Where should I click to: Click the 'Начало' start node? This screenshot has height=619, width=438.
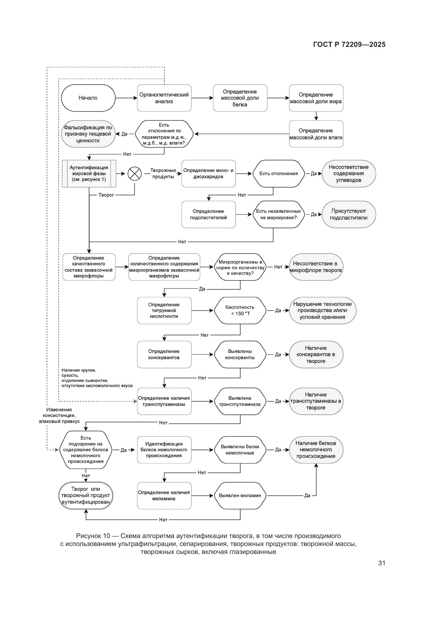(88, 98)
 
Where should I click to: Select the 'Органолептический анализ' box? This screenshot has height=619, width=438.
(164, 98)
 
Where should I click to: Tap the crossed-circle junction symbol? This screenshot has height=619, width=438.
(134, 173)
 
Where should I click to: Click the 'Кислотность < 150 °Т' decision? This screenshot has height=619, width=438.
(240, 310)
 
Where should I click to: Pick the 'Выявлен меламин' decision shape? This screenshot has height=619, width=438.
(240, 495)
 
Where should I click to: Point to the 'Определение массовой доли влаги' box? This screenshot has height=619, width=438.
(316, 134)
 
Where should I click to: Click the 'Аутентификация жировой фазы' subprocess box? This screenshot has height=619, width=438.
(89, 173)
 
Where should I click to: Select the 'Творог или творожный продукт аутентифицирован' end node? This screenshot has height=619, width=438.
(86, 495)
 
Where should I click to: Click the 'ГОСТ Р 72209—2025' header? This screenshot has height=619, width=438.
(349, 44)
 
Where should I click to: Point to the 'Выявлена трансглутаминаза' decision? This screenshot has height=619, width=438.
(240, 401)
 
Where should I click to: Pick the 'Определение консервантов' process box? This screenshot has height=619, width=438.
(164, 354)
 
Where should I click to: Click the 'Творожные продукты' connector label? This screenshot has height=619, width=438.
(163, 173)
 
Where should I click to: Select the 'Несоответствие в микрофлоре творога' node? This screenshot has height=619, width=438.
(316, 267)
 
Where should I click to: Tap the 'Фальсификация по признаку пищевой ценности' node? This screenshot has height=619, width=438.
(88, 134)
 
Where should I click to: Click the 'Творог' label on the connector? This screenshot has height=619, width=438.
(106, 195)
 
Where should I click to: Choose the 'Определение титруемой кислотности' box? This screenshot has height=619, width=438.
(164, 310)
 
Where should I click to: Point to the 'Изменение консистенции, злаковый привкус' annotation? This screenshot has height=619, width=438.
(59, 415)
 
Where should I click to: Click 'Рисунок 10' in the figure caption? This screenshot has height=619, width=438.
(93, 536)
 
